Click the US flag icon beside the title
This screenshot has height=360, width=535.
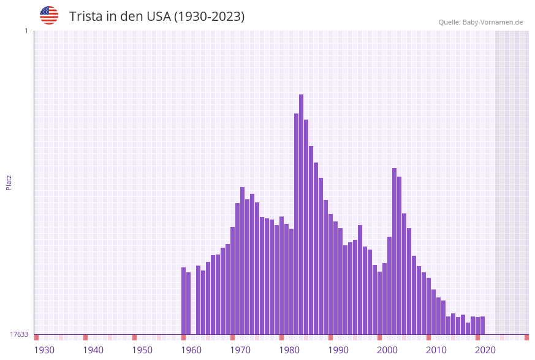[x=49, y=15]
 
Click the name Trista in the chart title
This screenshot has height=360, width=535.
[x=86, y=17]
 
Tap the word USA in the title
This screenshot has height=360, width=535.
[x=158, y=17]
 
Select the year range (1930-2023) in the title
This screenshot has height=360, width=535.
[x=209, y=17]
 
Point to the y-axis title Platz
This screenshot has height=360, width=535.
[x=9, y=182]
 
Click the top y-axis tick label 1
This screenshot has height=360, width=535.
[x=26, y=31]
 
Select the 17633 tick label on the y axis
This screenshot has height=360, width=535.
[x=19, y=334]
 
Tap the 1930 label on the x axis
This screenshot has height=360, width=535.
[x=44, y=350]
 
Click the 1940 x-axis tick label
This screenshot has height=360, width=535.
[x=93, y=350]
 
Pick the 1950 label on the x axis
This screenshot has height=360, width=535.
[x=142, y=350]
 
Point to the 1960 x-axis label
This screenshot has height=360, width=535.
[x=191, y=350]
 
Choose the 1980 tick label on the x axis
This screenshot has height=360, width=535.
[x=289, y=350]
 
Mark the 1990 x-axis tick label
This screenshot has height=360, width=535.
[x=338, y=350]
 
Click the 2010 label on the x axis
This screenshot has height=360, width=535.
[x=436, y=350]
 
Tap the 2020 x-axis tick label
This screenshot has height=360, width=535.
[x=485, y=350]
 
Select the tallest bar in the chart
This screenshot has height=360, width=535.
[x=301, y=215]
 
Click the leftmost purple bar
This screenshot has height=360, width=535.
[x=183, y=301]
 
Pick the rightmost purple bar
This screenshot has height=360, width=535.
[x=482, y=325]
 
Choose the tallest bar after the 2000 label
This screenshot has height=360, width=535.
[x=394, y=251]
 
